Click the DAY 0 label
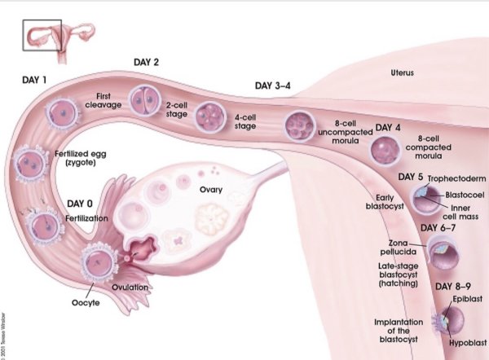(x=81, y=204)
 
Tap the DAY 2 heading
(x=146, y=62)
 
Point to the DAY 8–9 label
(x=452, y=286)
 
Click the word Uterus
(x=400, y=73)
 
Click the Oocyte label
(x=85, y=304)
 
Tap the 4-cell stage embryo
(x=207, y=114)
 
